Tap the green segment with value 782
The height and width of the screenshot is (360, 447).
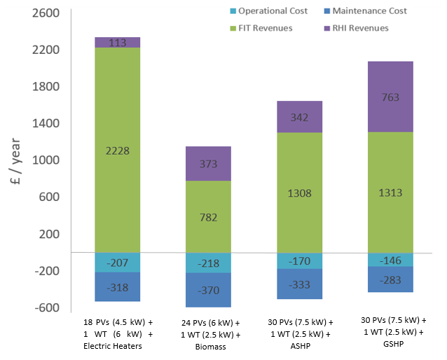208,216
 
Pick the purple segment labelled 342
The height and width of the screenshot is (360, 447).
299,117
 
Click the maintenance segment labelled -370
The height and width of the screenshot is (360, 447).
208,289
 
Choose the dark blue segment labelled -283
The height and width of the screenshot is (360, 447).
390,279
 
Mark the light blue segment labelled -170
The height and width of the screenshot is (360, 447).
299,261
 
